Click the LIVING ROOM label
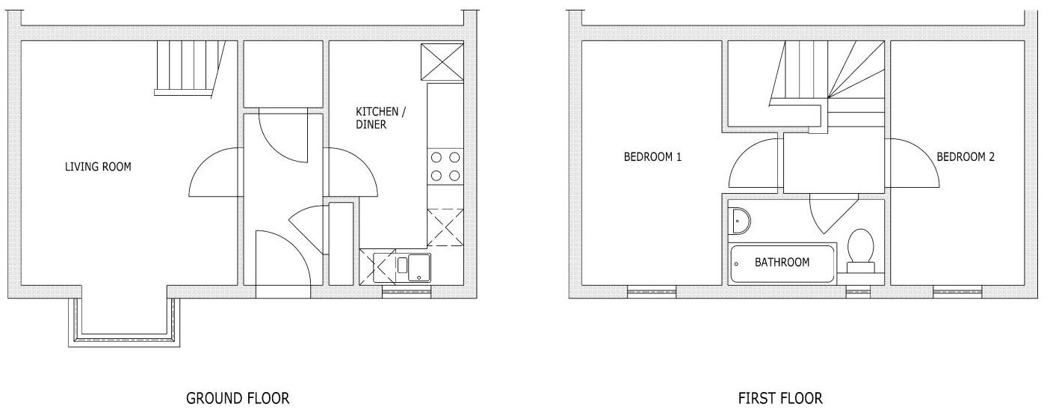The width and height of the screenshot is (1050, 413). tap(98, 167)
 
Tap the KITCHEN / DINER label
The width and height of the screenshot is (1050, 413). tap(380, 119)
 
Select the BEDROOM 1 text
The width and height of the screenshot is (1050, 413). tap(652, 157)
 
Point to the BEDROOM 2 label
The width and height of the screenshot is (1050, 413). tap(966, 157)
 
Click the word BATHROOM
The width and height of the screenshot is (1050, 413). tap(782, 263)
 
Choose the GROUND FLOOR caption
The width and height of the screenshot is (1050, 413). tap(237, 398)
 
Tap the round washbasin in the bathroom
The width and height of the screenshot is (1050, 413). tap(740, 220)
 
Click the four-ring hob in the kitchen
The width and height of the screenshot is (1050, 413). tap(445, 167)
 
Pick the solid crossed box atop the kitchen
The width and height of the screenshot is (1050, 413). tap(442, 61)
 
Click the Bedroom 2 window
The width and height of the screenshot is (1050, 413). tap(957, 293)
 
